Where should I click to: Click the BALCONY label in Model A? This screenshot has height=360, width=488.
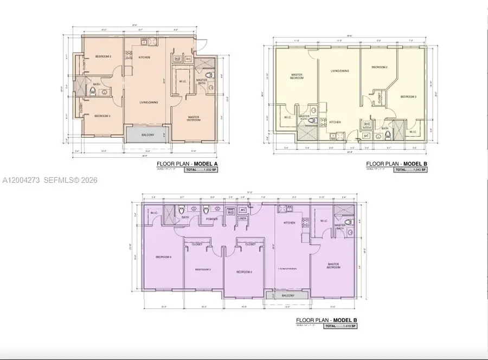[148, 135]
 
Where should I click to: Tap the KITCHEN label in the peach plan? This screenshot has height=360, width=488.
[144, 57]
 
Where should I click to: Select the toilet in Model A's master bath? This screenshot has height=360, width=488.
[213, 75]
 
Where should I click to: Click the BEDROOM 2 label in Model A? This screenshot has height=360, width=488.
[103, 56]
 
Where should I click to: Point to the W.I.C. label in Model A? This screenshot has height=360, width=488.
[182, 82]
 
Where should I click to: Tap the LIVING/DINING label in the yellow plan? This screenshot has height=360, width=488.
[340, 70]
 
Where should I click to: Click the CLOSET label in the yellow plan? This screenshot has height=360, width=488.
[379, 98]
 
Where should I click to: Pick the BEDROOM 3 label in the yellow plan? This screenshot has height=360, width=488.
[408, 97]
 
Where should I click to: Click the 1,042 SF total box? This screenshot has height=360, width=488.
[410, 170]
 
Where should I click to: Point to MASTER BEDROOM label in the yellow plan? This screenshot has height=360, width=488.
[297, 76]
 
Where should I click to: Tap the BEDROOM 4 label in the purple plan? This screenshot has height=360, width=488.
[163, 256]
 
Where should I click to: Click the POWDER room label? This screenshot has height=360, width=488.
[211, 220]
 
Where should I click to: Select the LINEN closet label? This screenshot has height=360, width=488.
[242, 218]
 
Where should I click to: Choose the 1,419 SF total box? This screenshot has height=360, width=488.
[340, 326]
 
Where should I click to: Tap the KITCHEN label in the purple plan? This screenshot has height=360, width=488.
[289, 222]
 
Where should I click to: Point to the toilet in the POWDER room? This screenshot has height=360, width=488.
[206, 210]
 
